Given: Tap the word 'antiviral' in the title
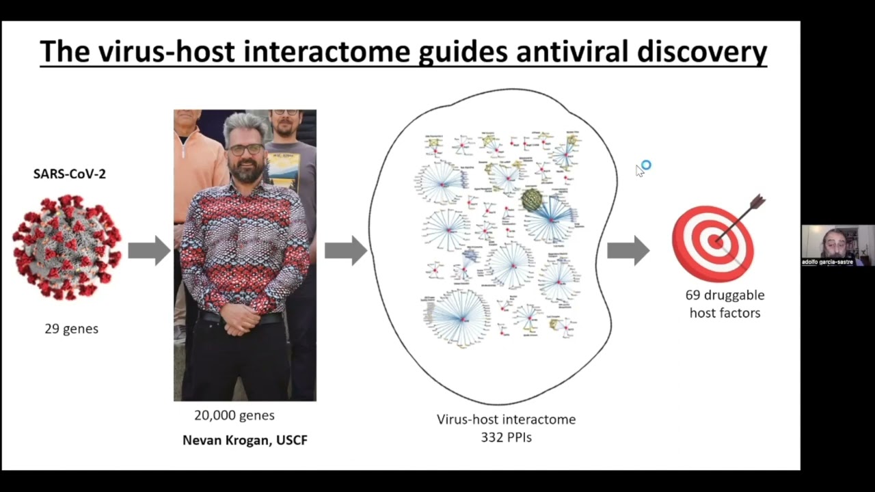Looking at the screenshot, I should (576, 51).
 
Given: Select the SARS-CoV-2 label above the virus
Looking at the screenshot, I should (70, 174).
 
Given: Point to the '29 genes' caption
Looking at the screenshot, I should (72, 329).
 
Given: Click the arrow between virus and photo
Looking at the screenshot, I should (148, 250).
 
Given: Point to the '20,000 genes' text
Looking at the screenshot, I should (234, 415).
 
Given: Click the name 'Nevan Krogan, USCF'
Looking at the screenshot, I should (245, 440).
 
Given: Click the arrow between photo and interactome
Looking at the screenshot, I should (345, 251).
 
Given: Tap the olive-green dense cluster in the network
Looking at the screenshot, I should (532, 200).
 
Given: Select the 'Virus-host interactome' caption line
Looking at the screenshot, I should (506, 419).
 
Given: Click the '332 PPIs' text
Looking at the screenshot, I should (506, 436).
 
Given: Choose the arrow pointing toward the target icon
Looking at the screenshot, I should (628, 250).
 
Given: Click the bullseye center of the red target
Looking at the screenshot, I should (715, 241).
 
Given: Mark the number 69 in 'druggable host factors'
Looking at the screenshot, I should (693, 295).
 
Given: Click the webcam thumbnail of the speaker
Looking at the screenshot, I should (837, 245).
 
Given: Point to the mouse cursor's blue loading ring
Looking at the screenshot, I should (646, 165).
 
